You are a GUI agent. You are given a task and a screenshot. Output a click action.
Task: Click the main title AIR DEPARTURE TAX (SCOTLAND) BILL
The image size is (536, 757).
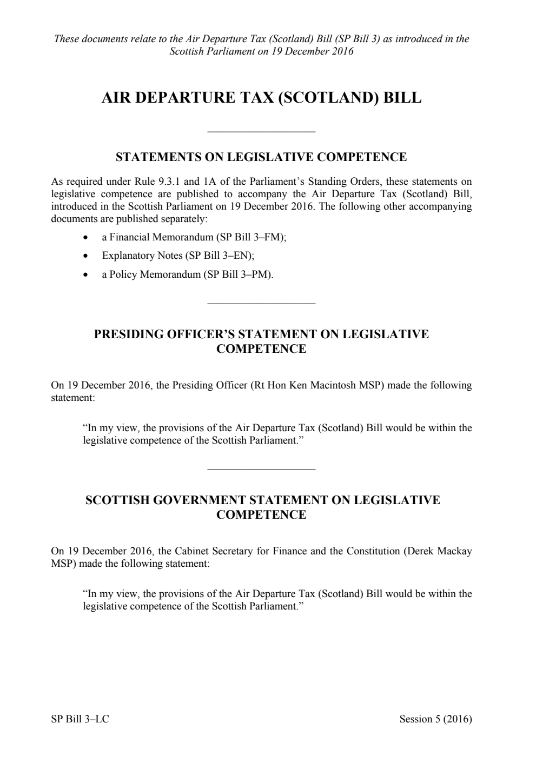point(261,98)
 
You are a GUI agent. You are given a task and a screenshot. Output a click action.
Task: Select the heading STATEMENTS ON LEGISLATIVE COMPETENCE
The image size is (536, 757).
point(261,157)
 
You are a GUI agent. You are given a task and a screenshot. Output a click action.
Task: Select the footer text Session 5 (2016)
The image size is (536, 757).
point(435,719)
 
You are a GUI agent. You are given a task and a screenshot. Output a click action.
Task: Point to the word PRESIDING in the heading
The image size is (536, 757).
point(127,334)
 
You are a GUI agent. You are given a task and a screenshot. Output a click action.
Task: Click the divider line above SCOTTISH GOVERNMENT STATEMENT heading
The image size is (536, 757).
point(261,469)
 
